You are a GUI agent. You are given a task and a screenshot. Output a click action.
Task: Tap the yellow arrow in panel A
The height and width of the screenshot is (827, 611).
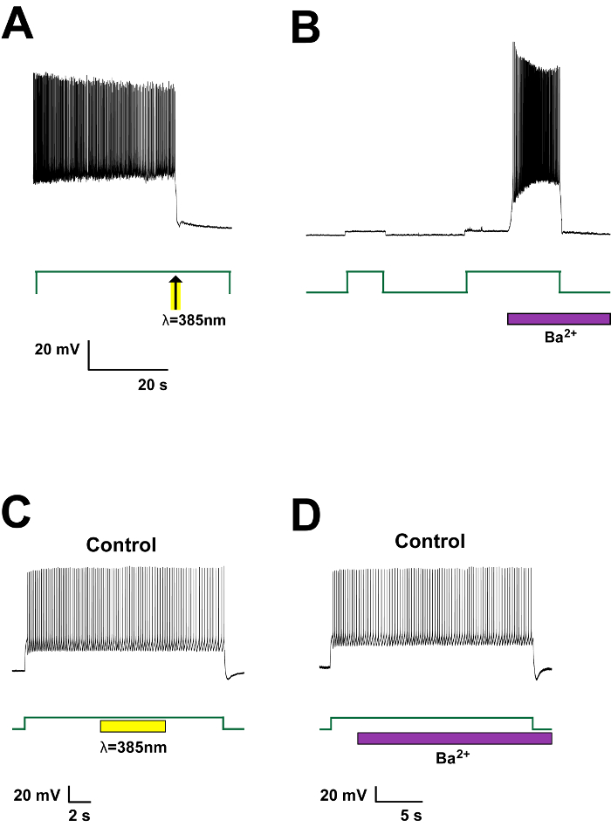[x=175, y=292]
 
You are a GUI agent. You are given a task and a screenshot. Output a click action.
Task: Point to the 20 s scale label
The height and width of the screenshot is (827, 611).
[x=153, y=385]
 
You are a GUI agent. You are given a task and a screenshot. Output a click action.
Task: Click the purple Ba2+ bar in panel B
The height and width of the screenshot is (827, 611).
[x=559, y=318]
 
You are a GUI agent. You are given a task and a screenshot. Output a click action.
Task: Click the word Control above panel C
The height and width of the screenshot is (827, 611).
[x=121, y=546]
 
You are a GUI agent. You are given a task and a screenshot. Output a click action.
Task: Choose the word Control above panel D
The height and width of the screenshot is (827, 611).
[x=430, y=541]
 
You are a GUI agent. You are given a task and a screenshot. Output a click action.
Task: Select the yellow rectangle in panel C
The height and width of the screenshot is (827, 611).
[x=133, y=726]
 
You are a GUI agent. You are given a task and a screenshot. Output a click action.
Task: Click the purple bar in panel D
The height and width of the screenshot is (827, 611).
[x=455, y=739]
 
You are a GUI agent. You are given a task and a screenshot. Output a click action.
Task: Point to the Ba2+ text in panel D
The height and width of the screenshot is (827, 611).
[x=454, y=757]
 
